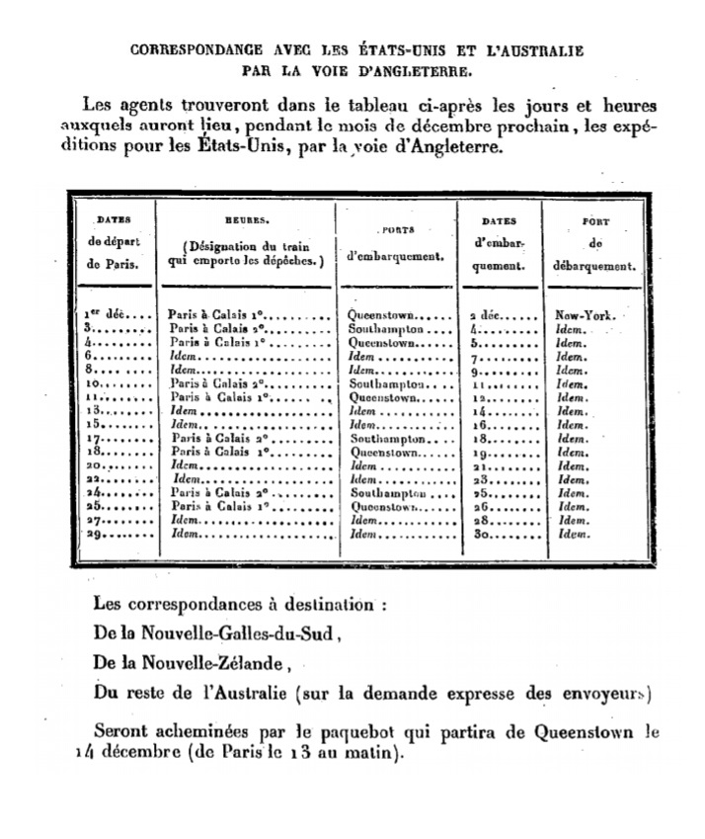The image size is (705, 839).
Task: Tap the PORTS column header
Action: [x=397, y=228]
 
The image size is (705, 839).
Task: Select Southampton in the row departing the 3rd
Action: [x=386, y=328]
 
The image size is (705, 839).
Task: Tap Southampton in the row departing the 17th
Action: [x=388, y=438]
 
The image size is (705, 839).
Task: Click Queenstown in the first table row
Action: [x=386, y=315]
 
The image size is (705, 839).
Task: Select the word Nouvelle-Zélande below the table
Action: [x=207, y=664]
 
